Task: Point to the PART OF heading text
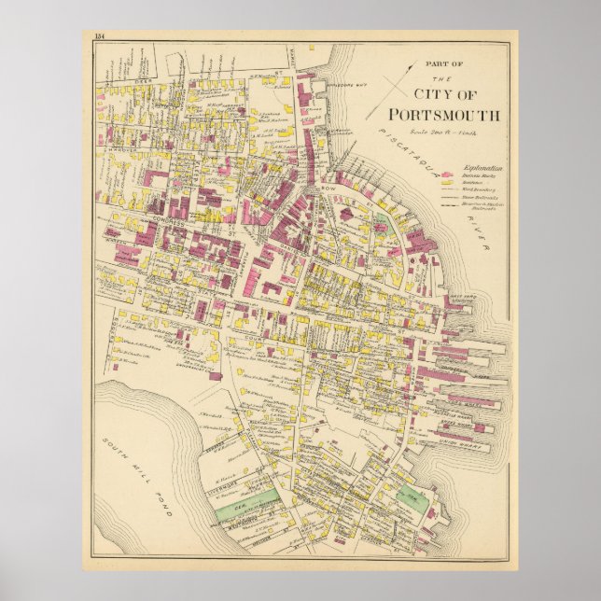pyautogui.click(x=443, y=63)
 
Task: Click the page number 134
pyautogui.click(x=100, y=36)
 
